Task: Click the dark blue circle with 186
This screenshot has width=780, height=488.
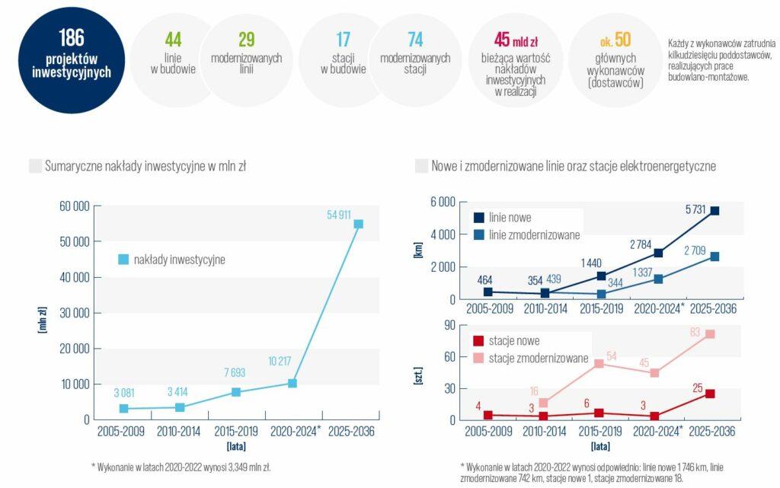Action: (71, 60)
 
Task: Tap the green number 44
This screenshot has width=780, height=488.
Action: (173, 40)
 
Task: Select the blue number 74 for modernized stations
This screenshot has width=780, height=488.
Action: (415, 40)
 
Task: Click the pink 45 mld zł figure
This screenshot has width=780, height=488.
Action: (516, 40)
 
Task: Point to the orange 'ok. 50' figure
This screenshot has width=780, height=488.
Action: (615, 40)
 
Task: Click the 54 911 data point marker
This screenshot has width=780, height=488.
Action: (358, 224)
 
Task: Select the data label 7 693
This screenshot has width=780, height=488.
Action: (235, 373)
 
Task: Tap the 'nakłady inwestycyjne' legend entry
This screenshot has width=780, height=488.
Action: (171, 260)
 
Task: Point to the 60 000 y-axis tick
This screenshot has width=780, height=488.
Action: (75, 206)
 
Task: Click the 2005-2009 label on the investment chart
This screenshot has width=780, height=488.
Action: (121, 432)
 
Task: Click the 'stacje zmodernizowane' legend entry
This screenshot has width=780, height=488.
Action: (530, 359)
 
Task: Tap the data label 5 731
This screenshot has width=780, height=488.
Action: (695, 209)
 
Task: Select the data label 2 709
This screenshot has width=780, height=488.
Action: (695, 250)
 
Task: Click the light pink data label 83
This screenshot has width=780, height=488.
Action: (695, 333)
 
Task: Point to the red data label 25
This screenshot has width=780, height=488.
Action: (698, 388)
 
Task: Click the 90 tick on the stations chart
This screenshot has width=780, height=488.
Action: (449, 325)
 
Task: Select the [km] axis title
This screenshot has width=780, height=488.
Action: (418, 250)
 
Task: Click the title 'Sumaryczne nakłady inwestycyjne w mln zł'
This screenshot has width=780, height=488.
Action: (145, 166)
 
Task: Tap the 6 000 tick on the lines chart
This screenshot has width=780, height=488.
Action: (443, 202)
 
